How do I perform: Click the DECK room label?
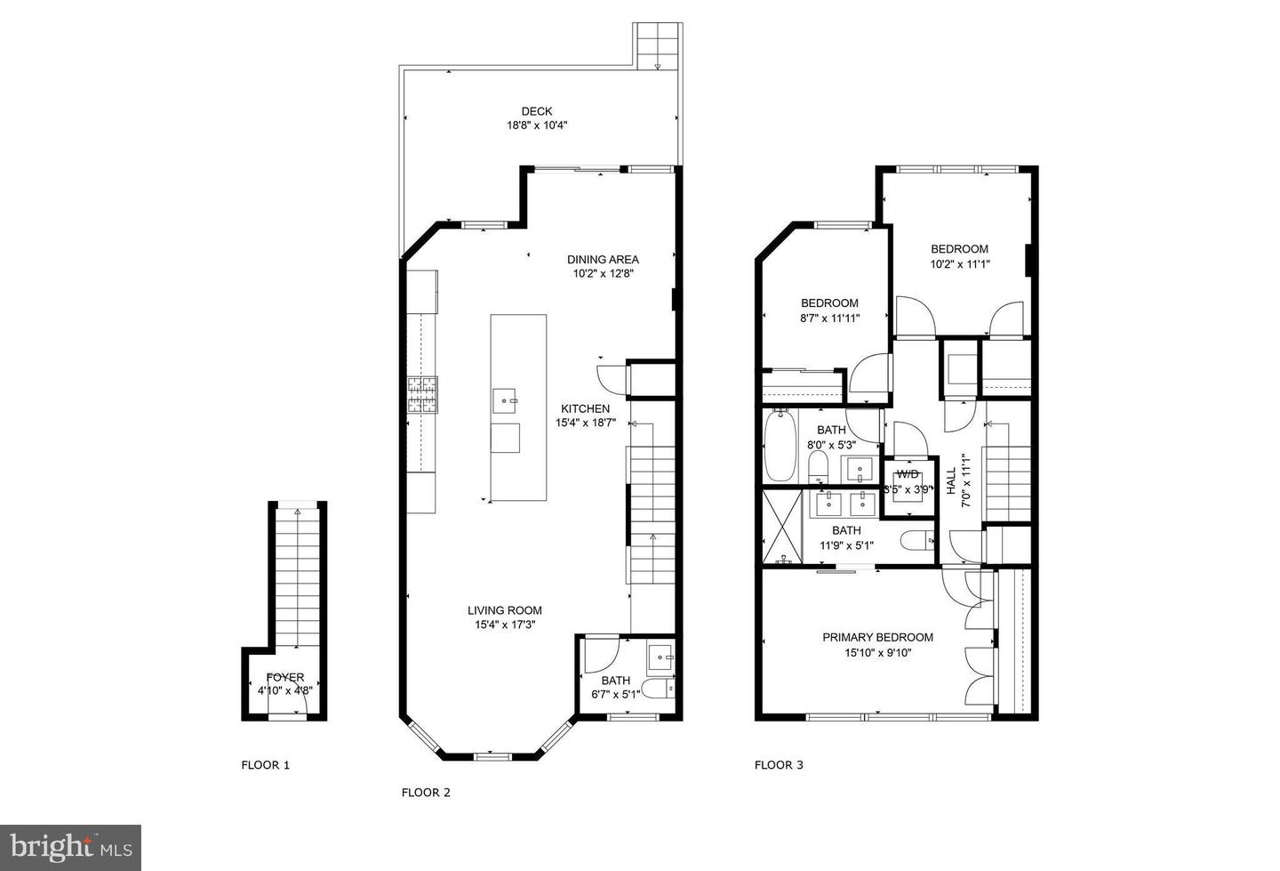pyautogui.click(x=536, y=111)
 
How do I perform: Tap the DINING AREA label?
pyautogui.click(x=603, y=260)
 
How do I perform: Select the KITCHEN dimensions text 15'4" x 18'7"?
pyautogui.click(x=585, y=423)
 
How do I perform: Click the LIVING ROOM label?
pyautogui.click(x=505, y=610)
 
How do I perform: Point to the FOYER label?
pyautogui.click(x=284, y=677)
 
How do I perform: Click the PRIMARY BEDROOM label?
pyautogui.click(x=877, y=637)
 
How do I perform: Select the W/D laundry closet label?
pyautogui.click(x=908, y=474)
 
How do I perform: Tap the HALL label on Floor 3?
pyautogui.click(x=951, y=488)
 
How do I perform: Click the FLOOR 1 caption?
pyautogui.click(x=266, y=765)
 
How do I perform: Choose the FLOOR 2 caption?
pyautogui.click(x=426, y=793)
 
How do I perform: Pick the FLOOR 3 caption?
pyautogui.click(x=779, y=765)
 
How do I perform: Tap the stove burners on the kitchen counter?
pyautogui.click(x=422, y=395)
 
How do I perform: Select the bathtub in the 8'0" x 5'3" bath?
pyautogui.click(x=779, y=444)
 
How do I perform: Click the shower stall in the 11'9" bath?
pyautogui.click(x=782, y=528)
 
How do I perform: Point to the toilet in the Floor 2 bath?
pyautogui.click(x=658, y=689)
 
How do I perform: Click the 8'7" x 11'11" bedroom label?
pyautogui.click(x=829, y=303)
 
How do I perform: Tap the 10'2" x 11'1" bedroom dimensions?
pyautogui.click(x=959, y=264)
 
